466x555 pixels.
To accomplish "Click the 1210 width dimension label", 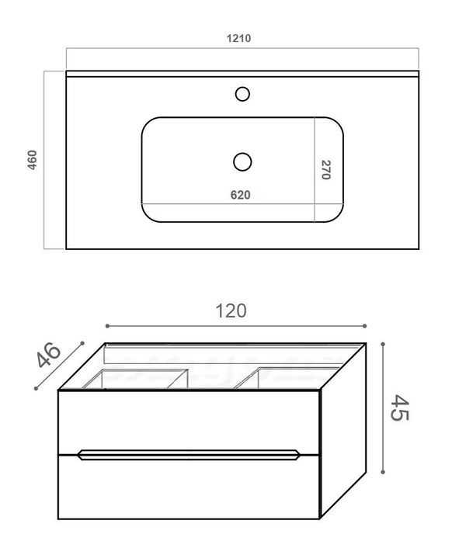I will coord(240,37).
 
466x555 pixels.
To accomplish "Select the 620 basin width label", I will coord(240,195).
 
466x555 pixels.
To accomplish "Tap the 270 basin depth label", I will coord(326,170).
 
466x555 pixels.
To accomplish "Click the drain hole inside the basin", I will coord(242,161).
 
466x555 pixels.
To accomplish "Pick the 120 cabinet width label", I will coord(231,310).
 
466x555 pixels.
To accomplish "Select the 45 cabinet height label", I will coord(401,407).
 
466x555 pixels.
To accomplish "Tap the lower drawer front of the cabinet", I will coord(190,489).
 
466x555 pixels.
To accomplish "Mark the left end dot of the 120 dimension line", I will coord(106,326).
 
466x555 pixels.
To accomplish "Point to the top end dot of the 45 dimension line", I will coord(384,342).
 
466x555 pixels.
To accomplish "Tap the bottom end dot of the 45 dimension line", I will coord(384,472).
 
